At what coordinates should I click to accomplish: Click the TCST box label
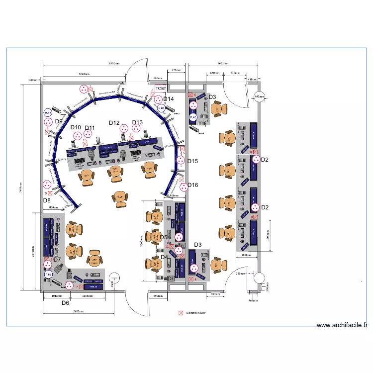coord(161,89)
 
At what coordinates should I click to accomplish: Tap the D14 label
coord(169,99)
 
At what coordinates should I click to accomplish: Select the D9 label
coord(59,121)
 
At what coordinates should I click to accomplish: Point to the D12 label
coord(114,123)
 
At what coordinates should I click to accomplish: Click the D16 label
coord(192,185)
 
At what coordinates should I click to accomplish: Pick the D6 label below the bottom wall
coord(65,302)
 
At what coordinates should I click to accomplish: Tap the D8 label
coord(47,200)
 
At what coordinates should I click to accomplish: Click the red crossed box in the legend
coord(181,313)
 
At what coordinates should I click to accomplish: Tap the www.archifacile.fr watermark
coord(343,325)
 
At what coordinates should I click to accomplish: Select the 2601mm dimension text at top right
coord(223,64)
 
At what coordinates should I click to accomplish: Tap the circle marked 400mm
coord(259,97)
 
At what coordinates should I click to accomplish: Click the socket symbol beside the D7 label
coord(48,265)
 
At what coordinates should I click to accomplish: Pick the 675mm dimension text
coord(176,71)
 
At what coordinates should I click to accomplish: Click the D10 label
coord(76,128)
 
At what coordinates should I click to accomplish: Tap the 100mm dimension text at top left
coord(33,80)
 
